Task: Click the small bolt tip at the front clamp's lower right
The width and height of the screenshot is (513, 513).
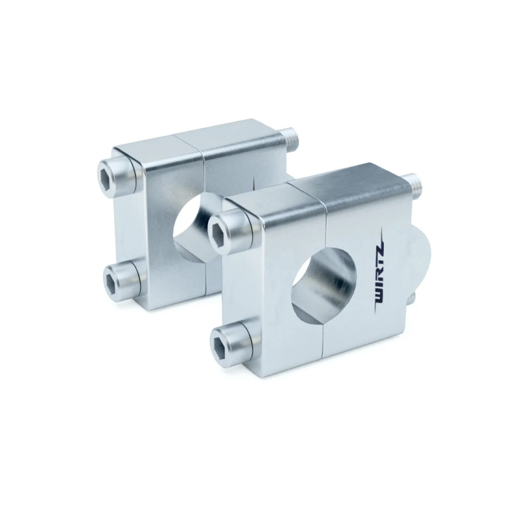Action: pos(412,297)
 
